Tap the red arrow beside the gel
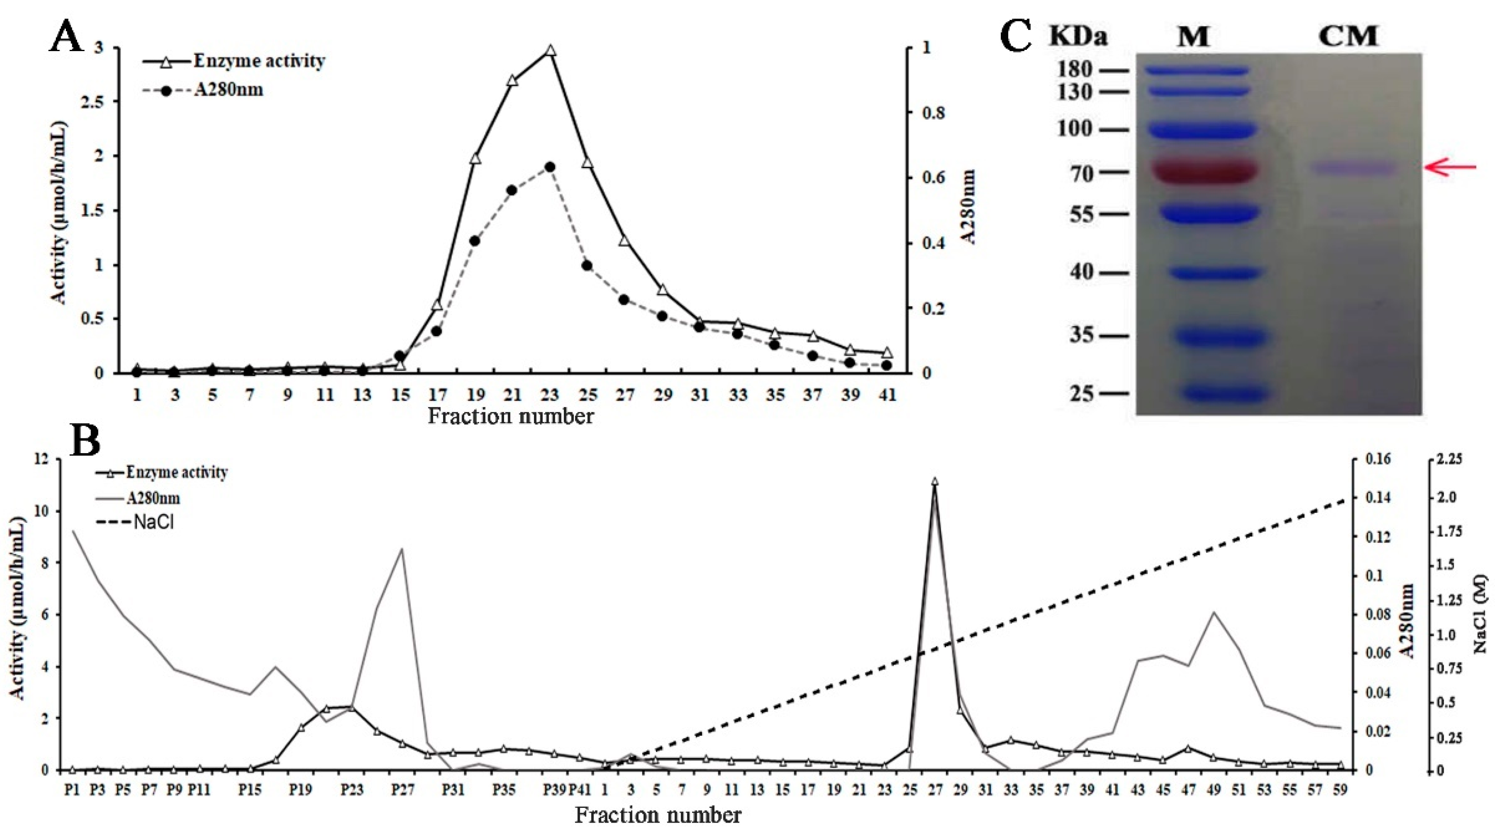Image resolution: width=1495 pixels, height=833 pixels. tap(1451, 168)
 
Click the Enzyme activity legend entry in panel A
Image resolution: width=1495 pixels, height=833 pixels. tap(258, 61)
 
